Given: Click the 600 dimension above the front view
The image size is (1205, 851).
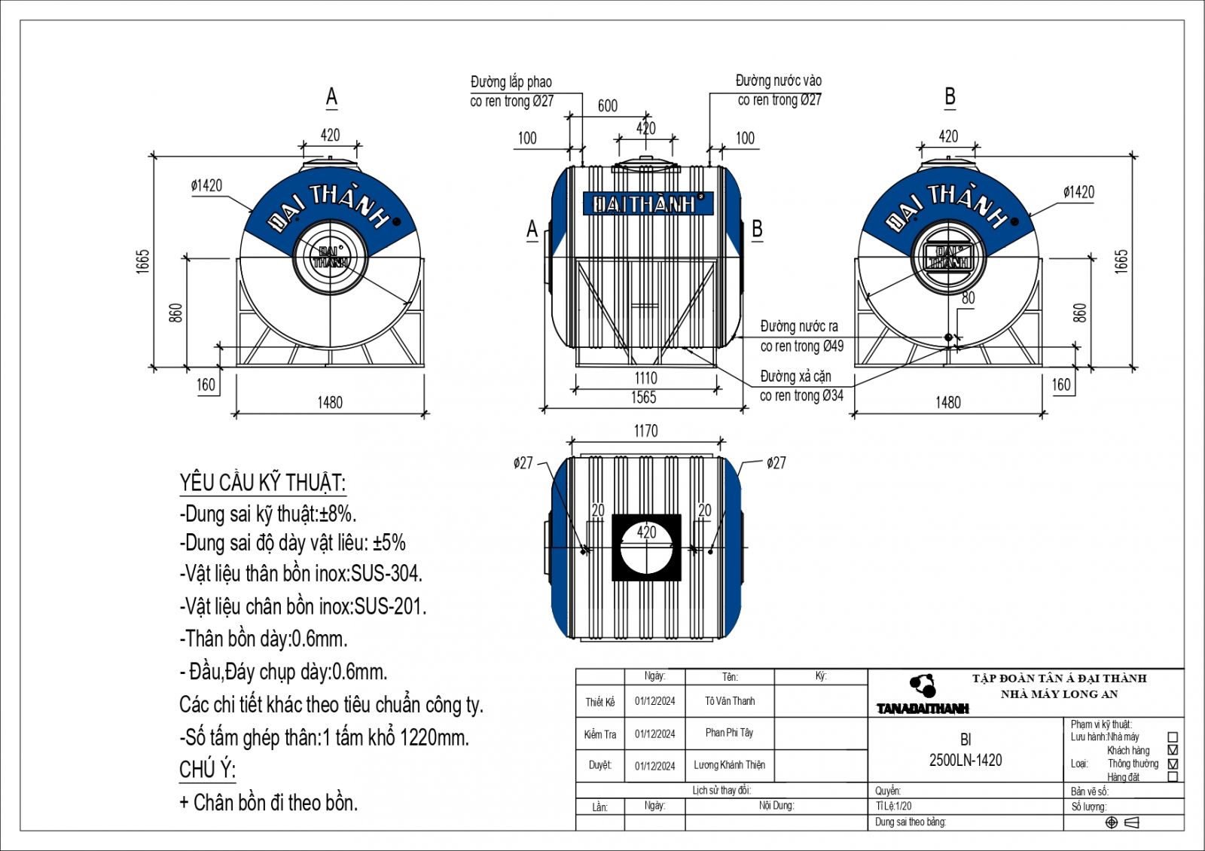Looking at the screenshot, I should (x=607, y=106).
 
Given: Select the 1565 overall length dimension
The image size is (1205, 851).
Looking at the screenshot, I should (x=644, y=398).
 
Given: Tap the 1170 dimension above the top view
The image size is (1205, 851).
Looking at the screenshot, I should (x=645, y=431).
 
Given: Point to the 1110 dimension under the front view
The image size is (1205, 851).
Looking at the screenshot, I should (x=645, y=378).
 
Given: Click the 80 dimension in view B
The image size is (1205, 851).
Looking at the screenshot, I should (x=968, y=298).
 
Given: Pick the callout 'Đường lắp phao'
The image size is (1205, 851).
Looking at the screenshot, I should (x=511, y=82).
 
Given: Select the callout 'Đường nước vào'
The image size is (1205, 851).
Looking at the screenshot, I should (x=779, y=81).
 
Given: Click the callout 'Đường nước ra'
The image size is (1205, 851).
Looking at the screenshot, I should (x=799, y=327).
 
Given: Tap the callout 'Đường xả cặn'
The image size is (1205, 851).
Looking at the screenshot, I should (x=796, y=377).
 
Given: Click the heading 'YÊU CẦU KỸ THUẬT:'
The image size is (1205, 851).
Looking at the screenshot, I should (x=262, y=483).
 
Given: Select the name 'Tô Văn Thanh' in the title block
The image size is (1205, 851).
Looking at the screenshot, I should (x=730, y=701).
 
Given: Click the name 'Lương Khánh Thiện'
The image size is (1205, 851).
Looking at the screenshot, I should (x=729, y=765).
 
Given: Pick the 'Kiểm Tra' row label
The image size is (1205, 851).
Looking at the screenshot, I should (x=600, y=734).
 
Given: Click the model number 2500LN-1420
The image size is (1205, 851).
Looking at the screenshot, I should (x=966, y=760).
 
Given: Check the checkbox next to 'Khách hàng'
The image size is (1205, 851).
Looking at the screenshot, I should (x=1172, y=750).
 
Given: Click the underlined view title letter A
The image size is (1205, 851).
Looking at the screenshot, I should (x=331, y=97).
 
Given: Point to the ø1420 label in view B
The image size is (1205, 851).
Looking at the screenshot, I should (x=1078, y=192).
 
